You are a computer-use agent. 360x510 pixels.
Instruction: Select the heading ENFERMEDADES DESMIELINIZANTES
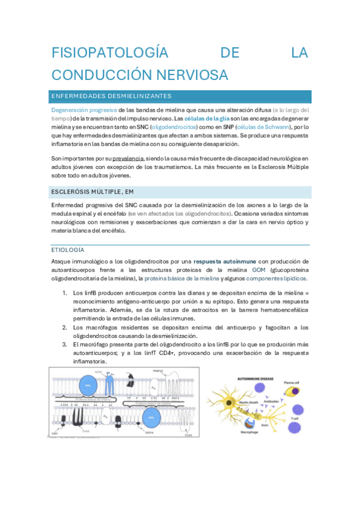click(x=112, y=96)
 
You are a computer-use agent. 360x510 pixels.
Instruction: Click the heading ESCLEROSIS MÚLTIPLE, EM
click(x=92, y=192)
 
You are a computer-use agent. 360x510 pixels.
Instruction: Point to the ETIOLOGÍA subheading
click(x=67, y=250)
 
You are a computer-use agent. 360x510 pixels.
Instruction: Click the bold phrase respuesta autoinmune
click(x=225, y=261)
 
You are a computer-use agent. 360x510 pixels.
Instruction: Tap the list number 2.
click(x=64, y=327)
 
